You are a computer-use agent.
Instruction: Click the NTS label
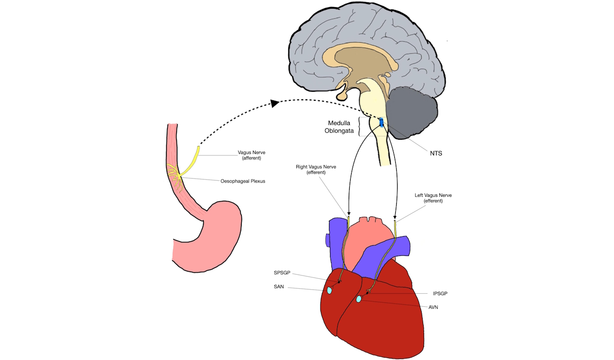coord(436,154)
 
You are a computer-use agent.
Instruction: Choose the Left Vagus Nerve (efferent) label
coord(433,198)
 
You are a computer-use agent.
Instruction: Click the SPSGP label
coord(283,273)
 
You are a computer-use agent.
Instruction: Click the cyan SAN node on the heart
coord(330,290)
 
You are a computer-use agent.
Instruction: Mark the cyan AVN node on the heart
coord(359,300)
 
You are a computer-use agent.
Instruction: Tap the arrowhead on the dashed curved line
coord(274,103)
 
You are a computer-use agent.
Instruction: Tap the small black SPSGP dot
coord(340,282)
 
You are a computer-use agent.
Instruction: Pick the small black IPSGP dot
coord(367,292)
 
